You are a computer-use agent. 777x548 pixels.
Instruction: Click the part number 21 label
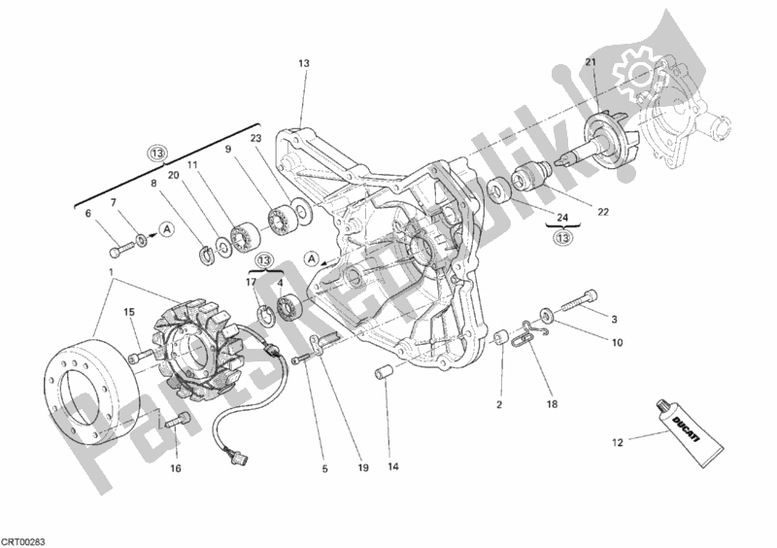[589, 64]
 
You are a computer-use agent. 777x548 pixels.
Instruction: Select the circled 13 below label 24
[560, 239]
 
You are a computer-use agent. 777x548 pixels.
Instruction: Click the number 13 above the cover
[303, 64]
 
